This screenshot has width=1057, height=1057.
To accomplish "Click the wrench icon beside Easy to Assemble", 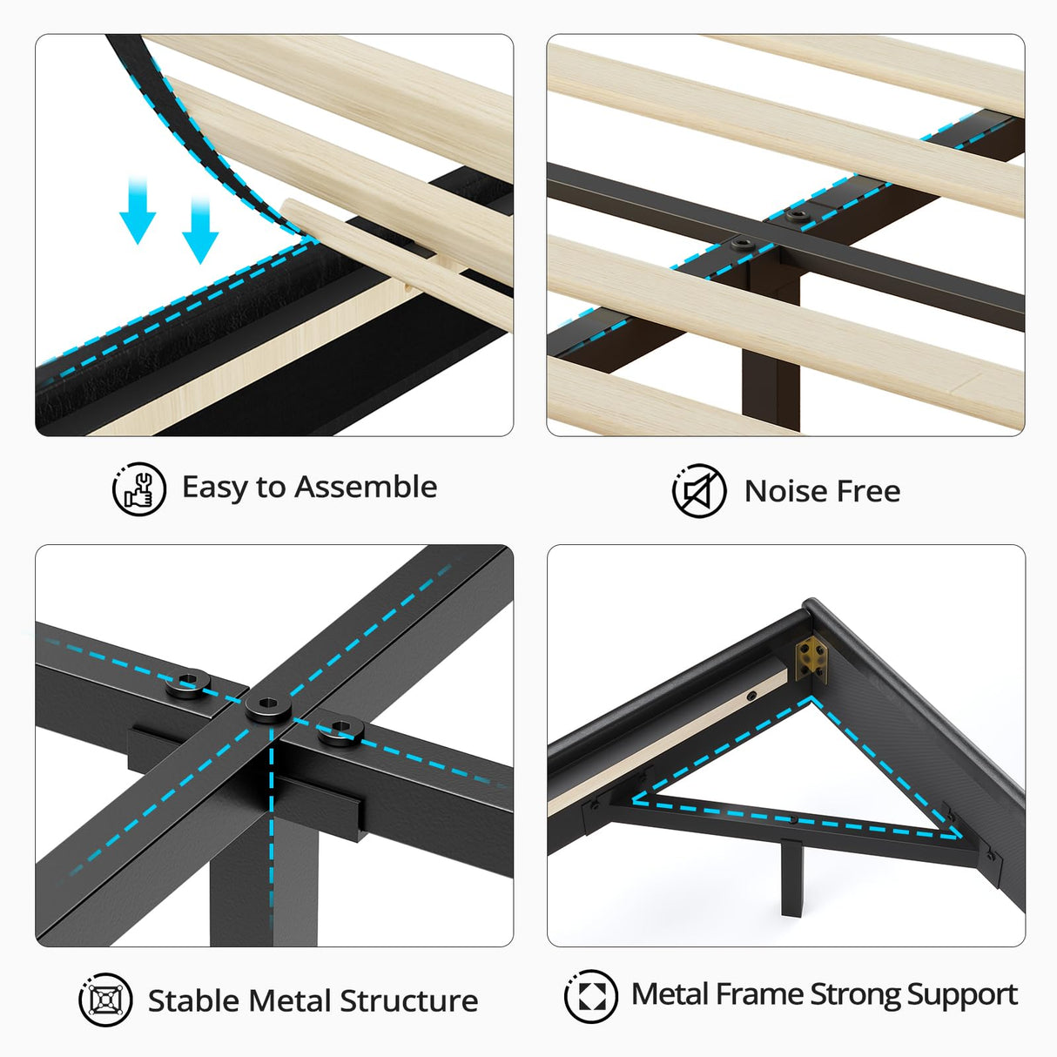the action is [139, 488].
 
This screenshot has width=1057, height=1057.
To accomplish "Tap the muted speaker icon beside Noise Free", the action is [699, 491].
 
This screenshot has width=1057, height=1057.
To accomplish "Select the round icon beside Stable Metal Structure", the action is [106, 1000].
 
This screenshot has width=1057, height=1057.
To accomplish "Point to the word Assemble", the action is [366, 487].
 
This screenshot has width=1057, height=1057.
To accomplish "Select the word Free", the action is [868, 491].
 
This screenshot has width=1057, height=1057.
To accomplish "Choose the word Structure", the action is [408, 1000].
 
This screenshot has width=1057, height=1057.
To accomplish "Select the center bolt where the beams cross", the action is [267, 706].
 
